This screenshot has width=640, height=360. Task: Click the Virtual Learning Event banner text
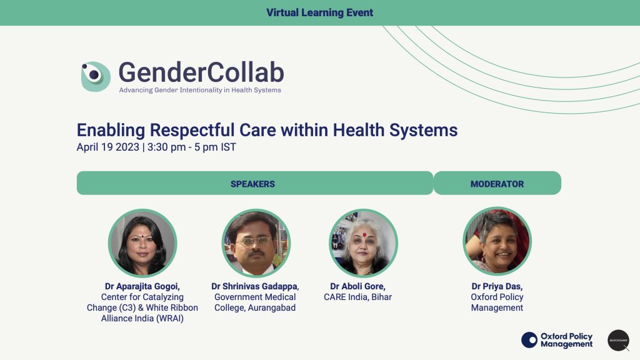(x=319, y=12)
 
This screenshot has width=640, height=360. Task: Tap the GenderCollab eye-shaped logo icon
(x=95, y=76)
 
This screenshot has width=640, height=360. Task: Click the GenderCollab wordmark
(x=201, y=72)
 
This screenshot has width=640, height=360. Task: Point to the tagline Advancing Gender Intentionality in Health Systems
(x=200, y=90)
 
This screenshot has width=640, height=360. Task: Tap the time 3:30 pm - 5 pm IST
(x=192, y=147)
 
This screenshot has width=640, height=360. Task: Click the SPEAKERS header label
(x=252, y=184)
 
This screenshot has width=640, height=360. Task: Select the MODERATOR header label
(x=497, y=184)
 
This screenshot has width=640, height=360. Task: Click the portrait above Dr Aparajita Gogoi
(x=142, y=242)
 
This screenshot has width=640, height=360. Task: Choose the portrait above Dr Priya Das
(x=497, y=241)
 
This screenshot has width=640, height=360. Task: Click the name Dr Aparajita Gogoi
(x=142, y=286)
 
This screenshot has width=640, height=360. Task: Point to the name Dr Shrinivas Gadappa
(x=255, y=286)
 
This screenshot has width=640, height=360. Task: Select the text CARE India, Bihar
(x=357, y=297)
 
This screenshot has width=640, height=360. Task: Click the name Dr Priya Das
(x=497, y=286)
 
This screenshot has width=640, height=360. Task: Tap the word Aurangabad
(x=268, y=307)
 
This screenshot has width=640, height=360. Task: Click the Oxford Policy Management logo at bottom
(x=557, y=340)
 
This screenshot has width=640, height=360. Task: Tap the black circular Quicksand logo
(x=618, y=340)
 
